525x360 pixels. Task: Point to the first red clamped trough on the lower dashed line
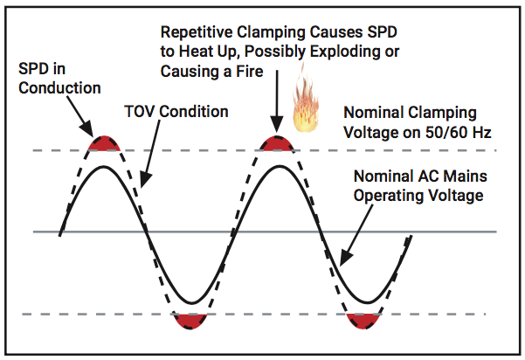click(191, 320)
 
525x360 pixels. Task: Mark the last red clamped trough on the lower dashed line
click(363, 320)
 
